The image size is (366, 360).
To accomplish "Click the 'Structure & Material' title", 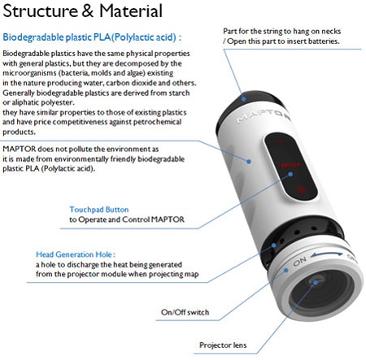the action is (82, 11).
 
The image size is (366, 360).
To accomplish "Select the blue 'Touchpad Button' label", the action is (99, 210).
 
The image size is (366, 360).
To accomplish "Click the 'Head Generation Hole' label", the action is (76, 254).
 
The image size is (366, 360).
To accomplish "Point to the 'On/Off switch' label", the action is (185, 312).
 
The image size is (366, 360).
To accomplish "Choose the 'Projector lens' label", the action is (223, 345).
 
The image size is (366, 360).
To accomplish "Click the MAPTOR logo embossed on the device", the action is (263, 116).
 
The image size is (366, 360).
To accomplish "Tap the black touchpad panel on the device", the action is (290, 167).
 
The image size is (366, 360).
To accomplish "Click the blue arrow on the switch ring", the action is (326, 254).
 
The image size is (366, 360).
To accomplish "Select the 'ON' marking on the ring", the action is (300, 262).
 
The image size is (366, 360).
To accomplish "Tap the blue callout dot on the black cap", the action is (243, 99).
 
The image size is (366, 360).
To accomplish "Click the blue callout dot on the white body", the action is (249, 162).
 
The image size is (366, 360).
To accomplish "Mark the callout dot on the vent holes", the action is (274, 245).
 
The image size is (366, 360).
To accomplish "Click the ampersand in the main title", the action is (87, 11).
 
